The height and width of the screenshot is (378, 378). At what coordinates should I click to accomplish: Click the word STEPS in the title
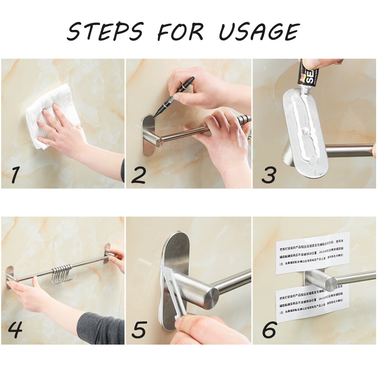pos(105,32)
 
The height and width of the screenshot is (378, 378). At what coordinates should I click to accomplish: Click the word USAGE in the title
pos(259,32)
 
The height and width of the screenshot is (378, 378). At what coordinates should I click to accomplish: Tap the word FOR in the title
pos(180,32)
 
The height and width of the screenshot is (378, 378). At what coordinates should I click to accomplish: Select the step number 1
pos(15,175)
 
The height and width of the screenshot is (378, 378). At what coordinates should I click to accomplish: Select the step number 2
pos(138,175)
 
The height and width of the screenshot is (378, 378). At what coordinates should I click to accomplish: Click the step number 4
pos(15,330)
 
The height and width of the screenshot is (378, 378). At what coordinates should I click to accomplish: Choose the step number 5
pos(139,330)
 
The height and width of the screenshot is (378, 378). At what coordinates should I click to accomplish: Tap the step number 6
pos(269,330)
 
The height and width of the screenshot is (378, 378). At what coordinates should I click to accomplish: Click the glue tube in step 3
pos(308,76)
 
